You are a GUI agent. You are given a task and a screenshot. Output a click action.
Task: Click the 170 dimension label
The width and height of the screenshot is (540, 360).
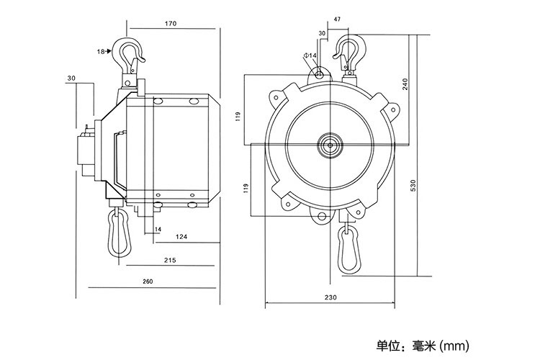tap(171, 24)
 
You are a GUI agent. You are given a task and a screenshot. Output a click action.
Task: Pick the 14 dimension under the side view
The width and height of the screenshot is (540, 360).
tap(158, 230)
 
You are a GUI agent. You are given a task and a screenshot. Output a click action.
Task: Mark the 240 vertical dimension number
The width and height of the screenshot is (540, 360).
tap(406, 84)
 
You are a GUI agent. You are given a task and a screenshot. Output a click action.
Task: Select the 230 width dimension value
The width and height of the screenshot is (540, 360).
tap(330, 297)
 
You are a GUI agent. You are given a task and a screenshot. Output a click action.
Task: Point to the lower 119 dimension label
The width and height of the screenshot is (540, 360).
tap(246, 190)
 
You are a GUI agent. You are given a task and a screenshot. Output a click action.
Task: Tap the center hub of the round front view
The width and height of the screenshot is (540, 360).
tap(330, 144)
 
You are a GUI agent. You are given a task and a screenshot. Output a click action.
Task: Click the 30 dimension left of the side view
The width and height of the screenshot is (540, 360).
tap(71, 78)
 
